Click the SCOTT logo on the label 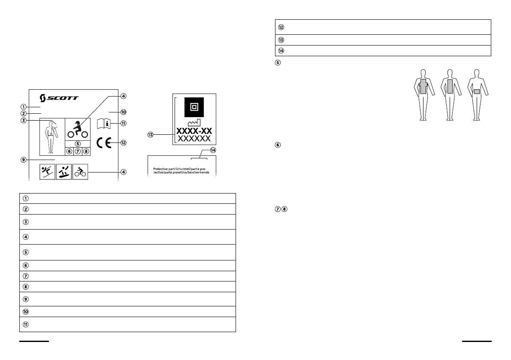click(59, 97)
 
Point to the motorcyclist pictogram click(77, 129)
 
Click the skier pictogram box click(47, 172)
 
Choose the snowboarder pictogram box click(64, 172)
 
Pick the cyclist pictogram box click(80, 172)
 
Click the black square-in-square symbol click(194, 106)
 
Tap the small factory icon click(194, 123)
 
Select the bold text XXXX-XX click(194, 131)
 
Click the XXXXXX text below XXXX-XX click(194, 139)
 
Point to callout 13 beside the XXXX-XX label click(150, 134)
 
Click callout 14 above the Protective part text click(213, 150)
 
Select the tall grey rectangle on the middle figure click(450, 86)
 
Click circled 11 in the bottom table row click(26, 324)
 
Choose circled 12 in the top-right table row click(281, 27)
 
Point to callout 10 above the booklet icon click(124, 112)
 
